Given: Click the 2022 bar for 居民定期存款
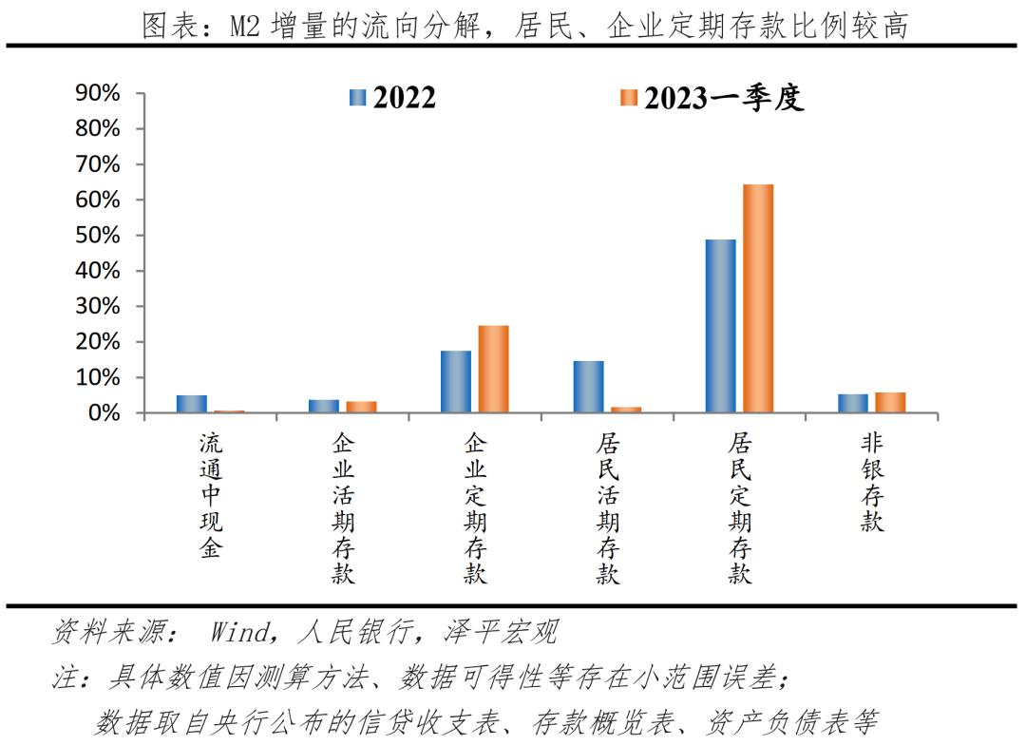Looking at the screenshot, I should coord(720,326).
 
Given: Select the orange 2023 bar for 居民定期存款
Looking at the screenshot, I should coord(757,298).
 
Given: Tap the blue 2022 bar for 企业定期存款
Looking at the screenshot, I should coord(456,382).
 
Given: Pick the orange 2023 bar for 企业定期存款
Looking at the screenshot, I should coord(493,370).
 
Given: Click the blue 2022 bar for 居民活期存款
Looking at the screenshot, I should coord(588,387).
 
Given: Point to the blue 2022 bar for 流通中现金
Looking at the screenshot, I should coord(192,404).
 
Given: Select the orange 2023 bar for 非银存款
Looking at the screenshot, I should coord(890,403).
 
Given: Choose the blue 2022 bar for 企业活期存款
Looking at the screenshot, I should coord(324,406).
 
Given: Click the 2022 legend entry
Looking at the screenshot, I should coord(393,97).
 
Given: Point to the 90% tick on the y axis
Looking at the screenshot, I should coord(98,93).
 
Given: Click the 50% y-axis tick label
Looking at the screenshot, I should coord(98,236).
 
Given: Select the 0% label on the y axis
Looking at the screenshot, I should coord(104,413).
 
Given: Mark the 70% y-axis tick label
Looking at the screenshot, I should coord(98,164).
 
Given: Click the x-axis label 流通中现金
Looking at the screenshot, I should coord(210,495).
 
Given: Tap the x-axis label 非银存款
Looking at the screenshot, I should coord(871,482).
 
